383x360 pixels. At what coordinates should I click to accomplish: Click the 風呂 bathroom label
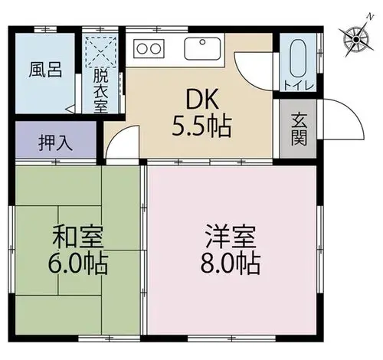(45, 70)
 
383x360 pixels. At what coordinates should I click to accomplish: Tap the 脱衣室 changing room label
(100, 91)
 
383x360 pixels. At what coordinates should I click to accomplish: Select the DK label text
(203, 100)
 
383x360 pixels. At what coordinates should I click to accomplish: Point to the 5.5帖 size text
(201, 126)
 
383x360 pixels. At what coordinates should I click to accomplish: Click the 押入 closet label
(56, 143)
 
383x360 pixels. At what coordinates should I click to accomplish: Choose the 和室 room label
(78, 237)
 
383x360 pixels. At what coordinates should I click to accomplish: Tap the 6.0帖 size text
(78, 263)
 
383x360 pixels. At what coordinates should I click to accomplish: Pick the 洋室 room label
(231, 236)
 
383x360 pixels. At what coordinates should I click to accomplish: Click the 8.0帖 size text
(231, 263)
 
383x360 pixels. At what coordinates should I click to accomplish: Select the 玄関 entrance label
(299, 129)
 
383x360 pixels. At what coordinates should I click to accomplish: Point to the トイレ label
(299, 86)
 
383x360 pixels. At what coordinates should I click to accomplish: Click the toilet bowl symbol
(298, 58)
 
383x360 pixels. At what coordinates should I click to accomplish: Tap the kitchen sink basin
(202, 48)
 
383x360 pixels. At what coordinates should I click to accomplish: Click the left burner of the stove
(142, 48)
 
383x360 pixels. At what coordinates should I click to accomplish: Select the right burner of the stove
(155, 48)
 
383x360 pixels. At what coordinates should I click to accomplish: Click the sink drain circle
(202, 41)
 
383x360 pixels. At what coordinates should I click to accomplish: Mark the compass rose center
(356, 39)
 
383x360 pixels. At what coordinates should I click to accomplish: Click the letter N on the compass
(370, 17)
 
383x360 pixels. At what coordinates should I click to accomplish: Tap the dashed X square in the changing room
(101, 52)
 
